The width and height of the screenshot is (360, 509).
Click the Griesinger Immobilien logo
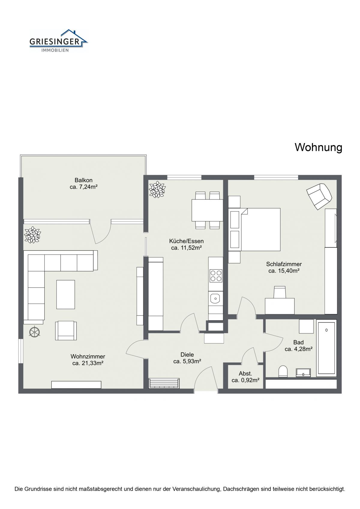58,41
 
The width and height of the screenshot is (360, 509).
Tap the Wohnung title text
318,147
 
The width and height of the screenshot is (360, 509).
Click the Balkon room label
83,180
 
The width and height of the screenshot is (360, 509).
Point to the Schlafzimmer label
284,264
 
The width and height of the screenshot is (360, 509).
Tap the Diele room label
187,354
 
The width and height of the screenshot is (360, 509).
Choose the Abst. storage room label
245,373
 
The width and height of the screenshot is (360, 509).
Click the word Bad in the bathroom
298,342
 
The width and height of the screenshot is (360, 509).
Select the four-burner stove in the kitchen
216,276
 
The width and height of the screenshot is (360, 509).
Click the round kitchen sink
215,298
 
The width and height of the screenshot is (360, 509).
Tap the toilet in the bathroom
283,371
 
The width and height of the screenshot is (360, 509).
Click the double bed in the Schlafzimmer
260,229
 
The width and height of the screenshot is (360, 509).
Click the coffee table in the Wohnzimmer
66,295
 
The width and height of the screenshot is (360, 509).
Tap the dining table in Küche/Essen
207,210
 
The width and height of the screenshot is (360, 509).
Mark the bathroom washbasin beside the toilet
303,373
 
